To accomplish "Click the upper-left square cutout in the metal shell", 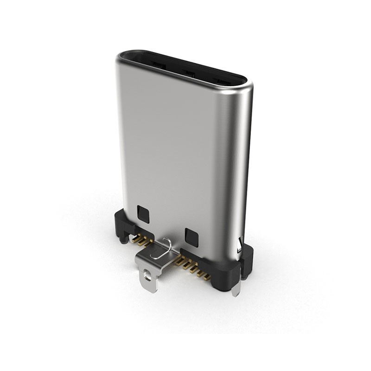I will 143,214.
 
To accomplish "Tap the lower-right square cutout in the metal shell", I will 191,237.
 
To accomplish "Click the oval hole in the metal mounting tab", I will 148,277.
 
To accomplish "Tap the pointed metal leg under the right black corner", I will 236,289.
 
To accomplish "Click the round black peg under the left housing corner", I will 122,239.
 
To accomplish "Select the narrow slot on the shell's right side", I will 239,245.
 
